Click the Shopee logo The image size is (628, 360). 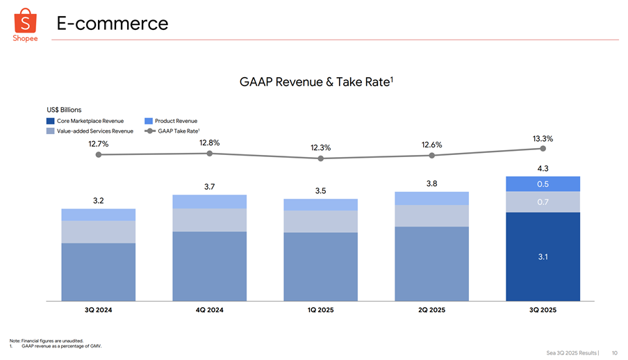point(25,24)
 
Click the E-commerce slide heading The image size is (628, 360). point(113,24)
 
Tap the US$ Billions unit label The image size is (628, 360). point(64,110)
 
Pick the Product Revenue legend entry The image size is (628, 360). point(171,121)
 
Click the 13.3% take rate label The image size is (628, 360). point(543,139)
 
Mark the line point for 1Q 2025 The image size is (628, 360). point(321,158)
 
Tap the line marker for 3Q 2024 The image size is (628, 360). point(99,155)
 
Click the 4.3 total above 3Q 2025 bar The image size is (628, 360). point(543,168)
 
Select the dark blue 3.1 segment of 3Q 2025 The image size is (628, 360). point(543,256)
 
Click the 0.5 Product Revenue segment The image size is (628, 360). point(543,184)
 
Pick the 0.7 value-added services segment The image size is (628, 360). point(543,202)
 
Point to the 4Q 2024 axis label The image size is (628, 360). point(210,310)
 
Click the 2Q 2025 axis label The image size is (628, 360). point(432,310)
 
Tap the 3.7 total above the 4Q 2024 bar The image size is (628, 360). point(210,186)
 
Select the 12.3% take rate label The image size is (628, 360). point(321,147)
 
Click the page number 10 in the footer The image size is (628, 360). point(615,352)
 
